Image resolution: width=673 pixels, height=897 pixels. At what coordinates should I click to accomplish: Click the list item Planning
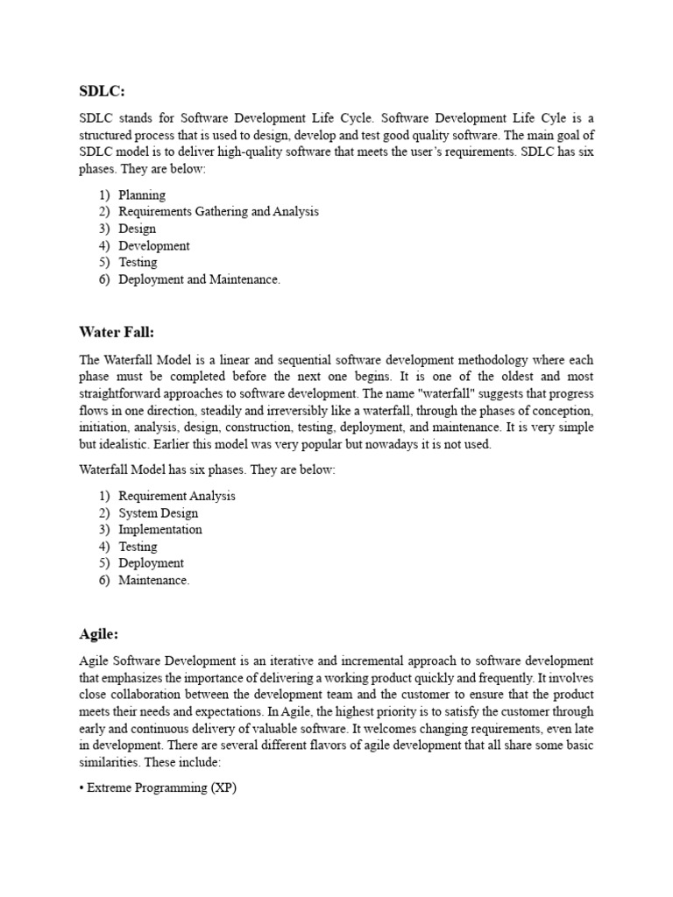pos(142,194)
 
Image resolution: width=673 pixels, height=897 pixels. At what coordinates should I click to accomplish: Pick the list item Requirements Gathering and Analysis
pos(218,211)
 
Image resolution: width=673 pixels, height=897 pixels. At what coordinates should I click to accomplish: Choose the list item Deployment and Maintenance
pos(200,279)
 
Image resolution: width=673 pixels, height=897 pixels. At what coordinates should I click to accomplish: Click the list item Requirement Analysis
pos(177,496)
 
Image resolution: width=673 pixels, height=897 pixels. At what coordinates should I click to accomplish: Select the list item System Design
pos(159,513)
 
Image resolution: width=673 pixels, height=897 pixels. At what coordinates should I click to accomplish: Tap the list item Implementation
pos(160,529)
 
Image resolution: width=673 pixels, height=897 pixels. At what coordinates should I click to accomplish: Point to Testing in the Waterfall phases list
pos(138,547)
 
